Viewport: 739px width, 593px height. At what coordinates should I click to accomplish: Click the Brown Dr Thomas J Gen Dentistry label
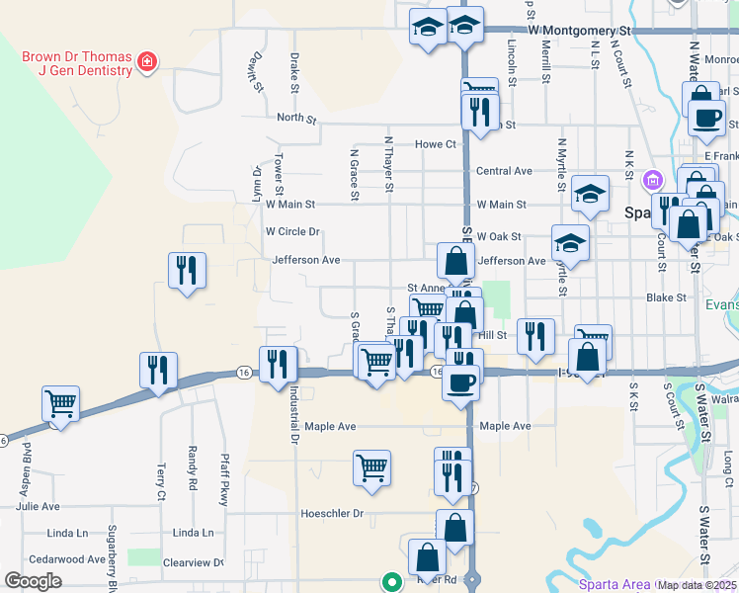[76, 63]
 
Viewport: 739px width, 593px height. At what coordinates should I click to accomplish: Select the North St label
[295, 119]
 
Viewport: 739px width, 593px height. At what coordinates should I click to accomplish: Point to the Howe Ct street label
[435, 144]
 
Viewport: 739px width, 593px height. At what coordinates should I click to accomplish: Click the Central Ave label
[504, 171]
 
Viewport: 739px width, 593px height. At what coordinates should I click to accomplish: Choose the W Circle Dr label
[292, 232]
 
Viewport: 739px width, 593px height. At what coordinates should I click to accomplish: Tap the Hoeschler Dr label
[331, 514]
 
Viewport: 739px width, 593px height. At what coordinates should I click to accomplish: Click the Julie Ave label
[38, 507]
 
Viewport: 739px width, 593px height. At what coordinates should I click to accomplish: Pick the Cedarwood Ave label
[70, 559]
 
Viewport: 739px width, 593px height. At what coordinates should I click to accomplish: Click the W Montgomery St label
[578, 31]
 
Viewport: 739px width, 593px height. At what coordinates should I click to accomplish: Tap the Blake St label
[665, 297]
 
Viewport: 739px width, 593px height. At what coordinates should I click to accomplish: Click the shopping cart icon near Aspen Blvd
[61, 404]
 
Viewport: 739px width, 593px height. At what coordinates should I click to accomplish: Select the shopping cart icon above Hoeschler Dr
[371, 467]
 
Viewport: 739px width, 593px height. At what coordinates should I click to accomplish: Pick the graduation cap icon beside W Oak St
[570, 241]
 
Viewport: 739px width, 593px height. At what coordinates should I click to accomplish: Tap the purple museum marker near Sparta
[651, 181]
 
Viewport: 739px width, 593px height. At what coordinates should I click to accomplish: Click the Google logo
[33, 581]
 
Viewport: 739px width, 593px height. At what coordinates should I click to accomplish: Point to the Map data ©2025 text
[698, 585]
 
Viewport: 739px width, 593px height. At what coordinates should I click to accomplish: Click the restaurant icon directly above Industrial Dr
[278, 363]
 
